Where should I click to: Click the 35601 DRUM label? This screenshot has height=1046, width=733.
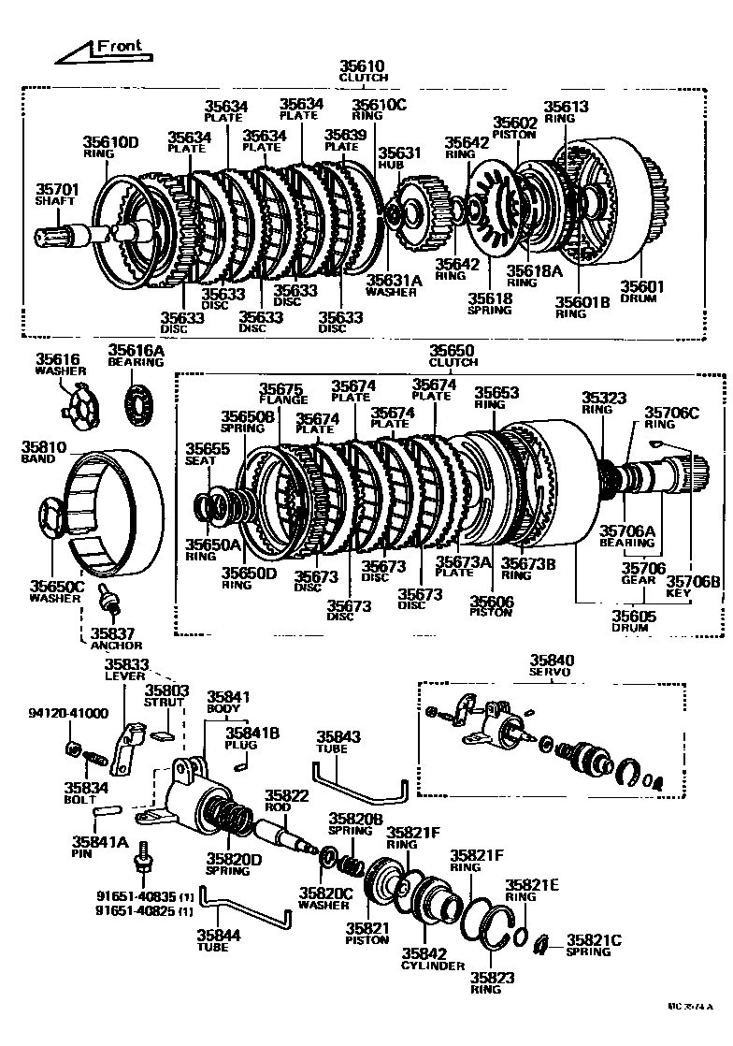click(639, 292)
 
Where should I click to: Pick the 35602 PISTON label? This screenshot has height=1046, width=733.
click(515, 127)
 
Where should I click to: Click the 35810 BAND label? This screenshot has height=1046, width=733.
click(41, 454)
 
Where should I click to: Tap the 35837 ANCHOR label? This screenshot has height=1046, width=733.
click(116, 639)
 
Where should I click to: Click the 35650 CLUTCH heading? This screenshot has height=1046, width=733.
click(452, 356)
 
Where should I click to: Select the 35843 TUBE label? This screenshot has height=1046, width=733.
click(331, 743)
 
